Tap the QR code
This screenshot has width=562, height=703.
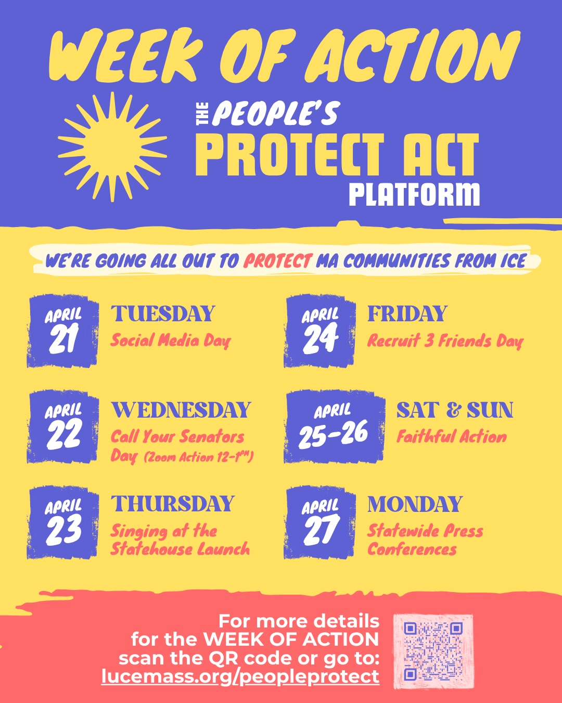coord(433,651)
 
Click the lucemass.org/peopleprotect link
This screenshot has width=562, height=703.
coord(240,676)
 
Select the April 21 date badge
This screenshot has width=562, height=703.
coord(63,331)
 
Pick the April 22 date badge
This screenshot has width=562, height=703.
coord(63,426)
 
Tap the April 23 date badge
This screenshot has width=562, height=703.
coord(63,522)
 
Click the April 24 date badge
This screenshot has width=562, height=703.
coord(320,331)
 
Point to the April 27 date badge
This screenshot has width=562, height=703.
coord(320,522)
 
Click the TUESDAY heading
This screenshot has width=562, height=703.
coord(163,314)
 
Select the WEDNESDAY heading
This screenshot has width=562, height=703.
coord(181,410)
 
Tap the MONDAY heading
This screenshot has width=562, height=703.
coord(415,504)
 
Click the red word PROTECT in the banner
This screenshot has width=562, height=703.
coord(278,260)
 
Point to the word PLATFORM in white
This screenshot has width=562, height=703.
coord(414,195)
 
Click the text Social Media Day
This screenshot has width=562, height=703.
coord(171,341)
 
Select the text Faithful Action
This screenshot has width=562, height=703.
coord(452,436)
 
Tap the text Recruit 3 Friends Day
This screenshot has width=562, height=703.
coord(445,341)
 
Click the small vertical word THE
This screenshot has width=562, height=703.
coord(202,114)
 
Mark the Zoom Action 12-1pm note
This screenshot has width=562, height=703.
coord(198,458)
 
